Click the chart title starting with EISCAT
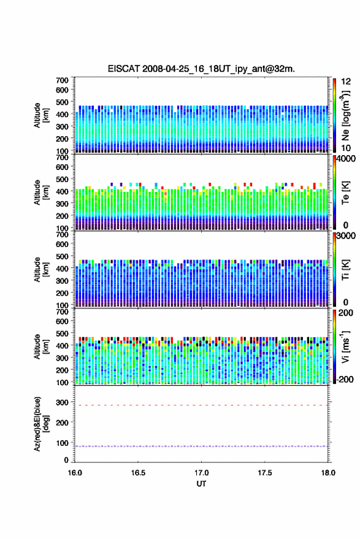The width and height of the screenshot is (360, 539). click(x=201, y=69)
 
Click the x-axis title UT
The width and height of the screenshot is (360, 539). click(x=201, y=484)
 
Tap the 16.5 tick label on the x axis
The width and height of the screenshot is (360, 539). click(x=138, y=473)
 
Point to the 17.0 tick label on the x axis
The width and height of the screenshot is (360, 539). click(x=201, y=473)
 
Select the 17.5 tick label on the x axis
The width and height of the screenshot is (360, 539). click(x=265, y=473)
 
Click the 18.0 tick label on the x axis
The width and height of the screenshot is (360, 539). click(x=328, y=473)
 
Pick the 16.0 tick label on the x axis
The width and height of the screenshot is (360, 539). click(x=75, y=473)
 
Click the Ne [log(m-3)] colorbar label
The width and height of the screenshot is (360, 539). click(x=345, y=115)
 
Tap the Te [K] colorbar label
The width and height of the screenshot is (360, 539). click(x=345, y=193)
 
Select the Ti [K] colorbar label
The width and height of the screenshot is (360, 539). click(x=345, y=270)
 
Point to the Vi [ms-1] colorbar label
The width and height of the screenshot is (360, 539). click(x=345, y=346)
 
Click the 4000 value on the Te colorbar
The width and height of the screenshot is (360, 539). click(x=346, y=159)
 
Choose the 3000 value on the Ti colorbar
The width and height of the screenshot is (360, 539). click(x=346, y=236)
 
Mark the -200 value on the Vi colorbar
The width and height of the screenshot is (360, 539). click(x=344, y=380)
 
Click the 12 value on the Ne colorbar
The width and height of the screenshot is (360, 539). click(x=346, y=82)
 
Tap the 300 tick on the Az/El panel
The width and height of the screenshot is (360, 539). click(x=62, y=402)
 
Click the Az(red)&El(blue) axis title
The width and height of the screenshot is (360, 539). click(x=41, y=424)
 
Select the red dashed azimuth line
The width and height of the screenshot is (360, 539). click(x=201, y=405)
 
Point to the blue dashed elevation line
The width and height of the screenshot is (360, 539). click(x=201, y=446)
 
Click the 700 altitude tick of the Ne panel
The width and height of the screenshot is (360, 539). click(x=62, y=80)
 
